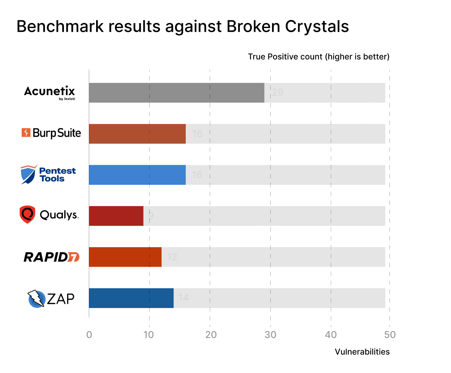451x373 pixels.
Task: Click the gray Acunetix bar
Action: pos(176,93)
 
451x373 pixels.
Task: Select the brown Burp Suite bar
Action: pos(137,134)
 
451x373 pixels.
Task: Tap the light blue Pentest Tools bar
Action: pos(137,175)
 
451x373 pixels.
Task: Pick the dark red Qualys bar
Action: pos(116,216)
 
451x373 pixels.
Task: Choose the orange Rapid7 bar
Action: pos(125,257)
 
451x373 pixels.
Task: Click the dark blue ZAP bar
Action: pos(131,298)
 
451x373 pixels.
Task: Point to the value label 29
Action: pos(277,92)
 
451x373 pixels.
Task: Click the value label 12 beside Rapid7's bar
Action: pos(172,257)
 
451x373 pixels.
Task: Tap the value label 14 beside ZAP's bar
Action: pos(183,298)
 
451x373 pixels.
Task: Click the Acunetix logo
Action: pos(50,92)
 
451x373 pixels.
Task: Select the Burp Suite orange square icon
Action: pos(26,133)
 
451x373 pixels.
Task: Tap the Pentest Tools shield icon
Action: pos(28,174)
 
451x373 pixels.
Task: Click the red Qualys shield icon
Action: pos(27,214)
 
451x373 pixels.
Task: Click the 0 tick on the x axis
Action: pos(89,335)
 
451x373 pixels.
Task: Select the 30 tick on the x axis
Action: pos(270,335)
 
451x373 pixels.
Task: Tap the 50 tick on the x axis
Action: pos(390,335)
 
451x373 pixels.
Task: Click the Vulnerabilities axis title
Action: pos(362,352)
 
